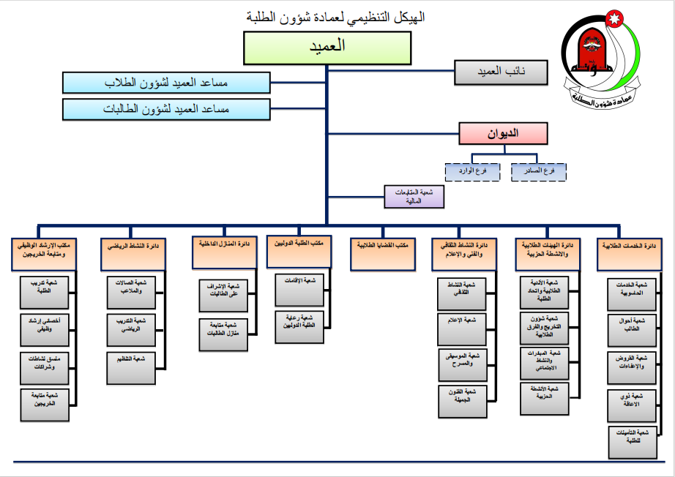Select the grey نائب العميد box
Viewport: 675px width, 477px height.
[501, 72]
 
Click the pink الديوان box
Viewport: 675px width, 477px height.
[504, 133]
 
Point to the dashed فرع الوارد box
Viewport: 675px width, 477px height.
[472, 170]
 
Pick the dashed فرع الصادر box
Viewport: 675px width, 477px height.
[538, 170]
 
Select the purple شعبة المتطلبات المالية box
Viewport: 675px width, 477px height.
[414, 195]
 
